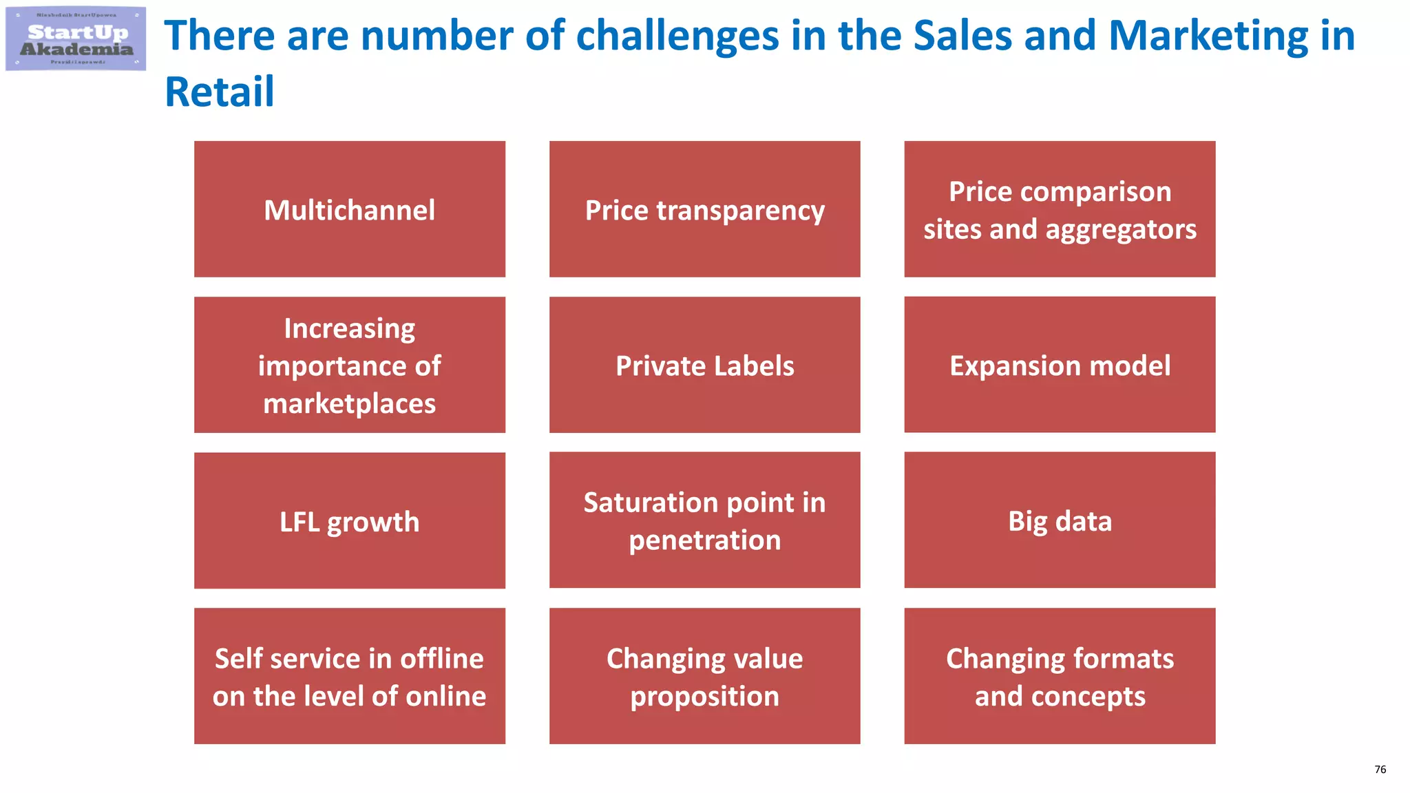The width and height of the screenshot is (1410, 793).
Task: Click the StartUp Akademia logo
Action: [76, 39]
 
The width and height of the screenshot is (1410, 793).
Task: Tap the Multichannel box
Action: [350, 209]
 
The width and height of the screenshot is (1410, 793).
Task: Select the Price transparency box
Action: [704, 209]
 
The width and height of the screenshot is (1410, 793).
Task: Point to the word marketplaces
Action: [349, 404]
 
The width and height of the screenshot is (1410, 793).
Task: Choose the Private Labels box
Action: [704, 365]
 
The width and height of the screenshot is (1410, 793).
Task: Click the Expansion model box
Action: [1060, 365]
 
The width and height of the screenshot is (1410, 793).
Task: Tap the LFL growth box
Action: [350, 520]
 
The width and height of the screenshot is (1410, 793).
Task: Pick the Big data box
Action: [1060, 520]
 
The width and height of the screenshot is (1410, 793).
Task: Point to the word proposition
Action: [704, 697]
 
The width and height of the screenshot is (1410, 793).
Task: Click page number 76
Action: [1380, 770]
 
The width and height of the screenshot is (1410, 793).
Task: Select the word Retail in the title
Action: [220, 92]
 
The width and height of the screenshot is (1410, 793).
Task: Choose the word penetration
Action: [704, 540]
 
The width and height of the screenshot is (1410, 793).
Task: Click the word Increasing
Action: [350, 328]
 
